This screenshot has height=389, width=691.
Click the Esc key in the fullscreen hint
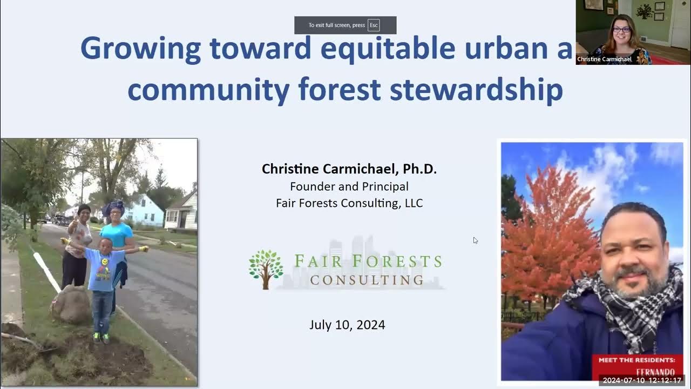pos(374,25)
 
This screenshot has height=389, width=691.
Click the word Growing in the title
pos(140,49)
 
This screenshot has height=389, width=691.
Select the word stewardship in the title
pos(477,90)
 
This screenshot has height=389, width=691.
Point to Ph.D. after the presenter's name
pos(419,169)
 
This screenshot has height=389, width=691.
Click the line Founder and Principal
pos(349,186)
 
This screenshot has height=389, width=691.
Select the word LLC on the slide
pos(414,203)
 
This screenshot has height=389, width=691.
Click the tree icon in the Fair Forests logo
pos(266,269)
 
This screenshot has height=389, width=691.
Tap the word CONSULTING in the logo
pos(367,280)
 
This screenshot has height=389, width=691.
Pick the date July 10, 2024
pos(347,325)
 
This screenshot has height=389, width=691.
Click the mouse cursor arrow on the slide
pos(475,240)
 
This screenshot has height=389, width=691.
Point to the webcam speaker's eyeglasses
pos(621,29)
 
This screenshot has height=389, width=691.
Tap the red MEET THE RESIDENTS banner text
pos(636,360)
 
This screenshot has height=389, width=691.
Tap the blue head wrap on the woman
pos(113,207)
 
